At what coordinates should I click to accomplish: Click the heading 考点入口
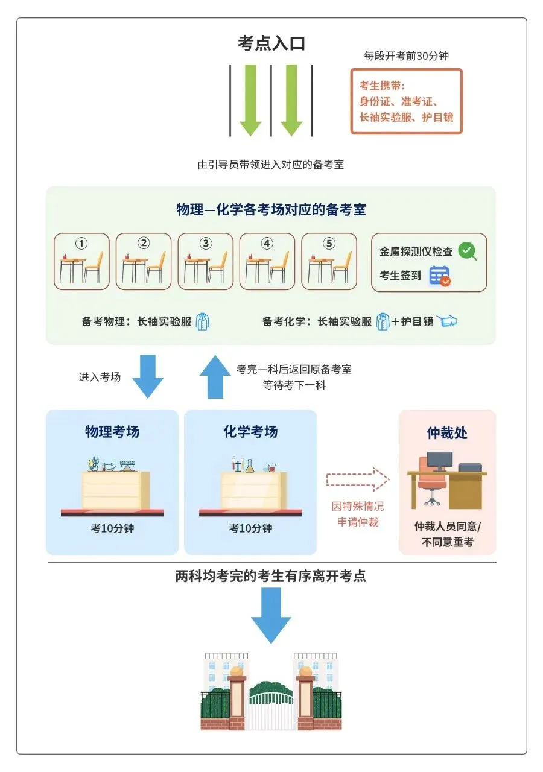(271, 43)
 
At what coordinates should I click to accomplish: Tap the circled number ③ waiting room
(206, 261)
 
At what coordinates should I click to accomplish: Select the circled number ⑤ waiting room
(329, 261)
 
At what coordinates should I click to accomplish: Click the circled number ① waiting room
(81, 261)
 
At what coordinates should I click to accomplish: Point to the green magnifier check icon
(467, 251)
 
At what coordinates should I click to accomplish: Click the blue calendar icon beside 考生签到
(439, 276)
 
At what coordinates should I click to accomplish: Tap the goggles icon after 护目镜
(447, 321)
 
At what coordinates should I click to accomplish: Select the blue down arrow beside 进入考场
(148, 376)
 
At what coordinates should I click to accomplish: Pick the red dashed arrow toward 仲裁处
(358, 479)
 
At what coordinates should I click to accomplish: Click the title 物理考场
(112, 432)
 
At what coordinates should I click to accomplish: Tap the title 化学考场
(250, 432)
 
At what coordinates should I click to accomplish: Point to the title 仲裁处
(447, 433)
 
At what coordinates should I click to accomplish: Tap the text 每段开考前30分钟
(407, 56)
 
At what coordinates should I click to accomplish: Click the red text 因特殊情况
(358, 507)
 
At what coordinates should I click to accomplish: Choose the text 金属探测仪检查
(416, 252)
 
